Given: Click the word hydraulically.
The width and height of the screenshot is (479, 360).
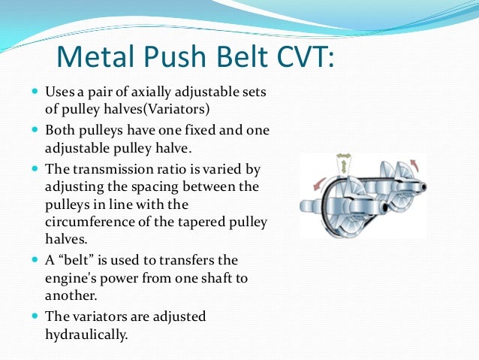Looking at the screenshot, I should click(86, 334).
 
